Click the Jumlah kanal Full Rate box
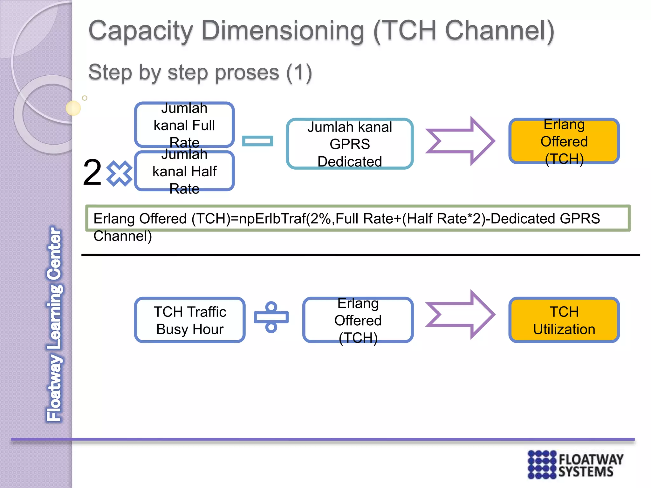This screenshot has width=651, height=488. pos(184,125)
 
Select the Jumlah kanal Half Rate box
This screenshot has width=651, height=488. pos(184,171)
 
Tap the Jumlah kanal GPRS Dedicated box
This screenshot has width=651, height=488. pos(350,144)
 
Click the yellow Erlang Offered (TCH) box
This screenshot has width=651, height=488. pos(564,141)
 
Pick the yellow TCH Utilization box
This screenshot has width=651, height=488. pos(564,320)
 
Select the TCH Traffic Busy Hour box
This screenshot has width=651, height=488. pos(190,320)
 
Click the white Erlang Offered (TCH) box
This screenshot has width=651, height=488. pos(358,320)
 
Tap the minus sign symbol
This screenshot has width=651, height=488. pos(257,141)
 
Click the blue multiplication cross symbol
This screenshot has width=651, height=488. pos(119,173)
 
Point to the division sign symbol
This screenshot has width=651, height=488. pos(271,317)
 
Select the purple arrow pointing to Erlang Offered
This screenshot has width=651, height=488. pos(460,141)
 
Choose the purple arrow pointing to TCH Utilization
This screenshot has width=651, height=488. pos(460,315)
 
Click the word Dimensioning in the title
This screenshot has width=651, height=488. pos(283,31)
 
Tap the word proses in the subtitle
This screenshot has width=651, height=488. pos(223,72)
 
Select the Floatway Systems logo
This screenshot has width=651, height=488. pos(575,464)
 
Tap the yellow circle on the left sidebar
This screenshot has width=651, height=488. pos(73,108)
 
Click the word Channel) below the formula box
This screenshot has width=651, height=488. pos(123,236)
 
